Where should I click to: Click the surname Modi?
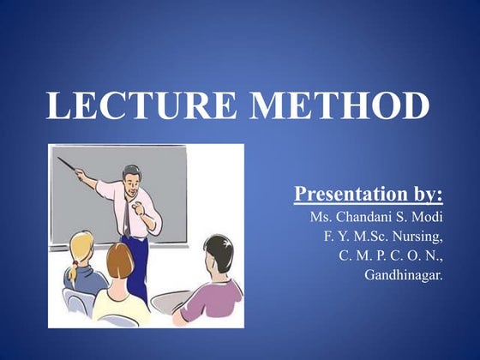coord(428,217)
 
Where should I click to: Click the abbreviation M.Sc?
coord(365,237)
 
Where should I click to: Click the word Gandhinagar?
coord(403,275)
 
